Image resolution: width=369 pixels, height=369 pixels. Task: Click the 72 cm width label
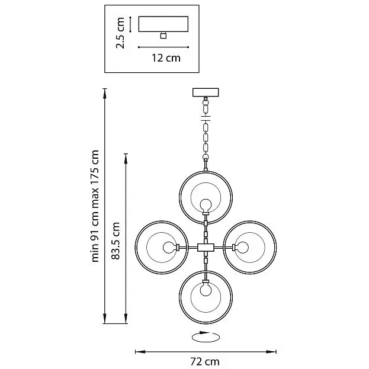click(x=205, y=361)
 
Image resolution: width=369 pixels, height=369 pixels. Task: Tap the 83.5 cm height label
click(x=115, y=240)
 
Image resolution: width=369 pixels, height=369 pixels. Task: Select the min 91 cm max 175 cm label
click(x=95, y=206)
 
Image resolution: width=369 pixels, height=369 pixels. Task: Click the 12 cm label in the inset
click(x=166, y=58)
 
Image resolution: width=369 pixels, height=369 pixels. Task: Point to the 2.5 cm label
click(x=120, y=33)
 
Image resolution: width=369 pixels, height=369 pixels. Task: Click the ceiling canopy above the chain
click(x=206, y=92)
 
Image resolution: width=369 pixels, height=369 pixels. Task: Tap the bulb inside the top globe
click(x=206, y=205)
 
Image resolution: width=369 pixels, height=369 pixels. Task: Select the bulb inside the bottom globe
click(x=206, y=290)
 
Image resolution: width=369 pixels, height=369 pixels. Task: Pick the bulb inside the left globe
click(x=169, y=248)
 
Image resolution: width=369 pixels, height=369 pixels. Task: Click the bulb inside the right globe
click(x=242, y=248)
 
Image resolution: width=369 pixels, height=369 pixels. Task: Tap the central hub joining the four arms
click(x=206, y=248)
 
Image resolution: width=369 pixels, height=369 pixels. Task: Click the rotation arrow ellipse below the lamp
click(x=206, y=337)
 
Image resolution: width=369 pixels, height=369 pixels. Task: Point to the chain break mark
click(x=206, y=118)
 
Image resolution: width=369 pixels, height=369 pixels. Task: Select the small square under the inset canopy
click(x=163, y=36)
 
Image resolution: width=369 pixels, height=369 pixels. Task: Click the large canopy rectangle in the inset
click(x=163, y=24)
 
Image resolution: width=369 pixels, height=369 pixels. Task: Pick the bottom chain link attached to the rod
click(x=206, y=157)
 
